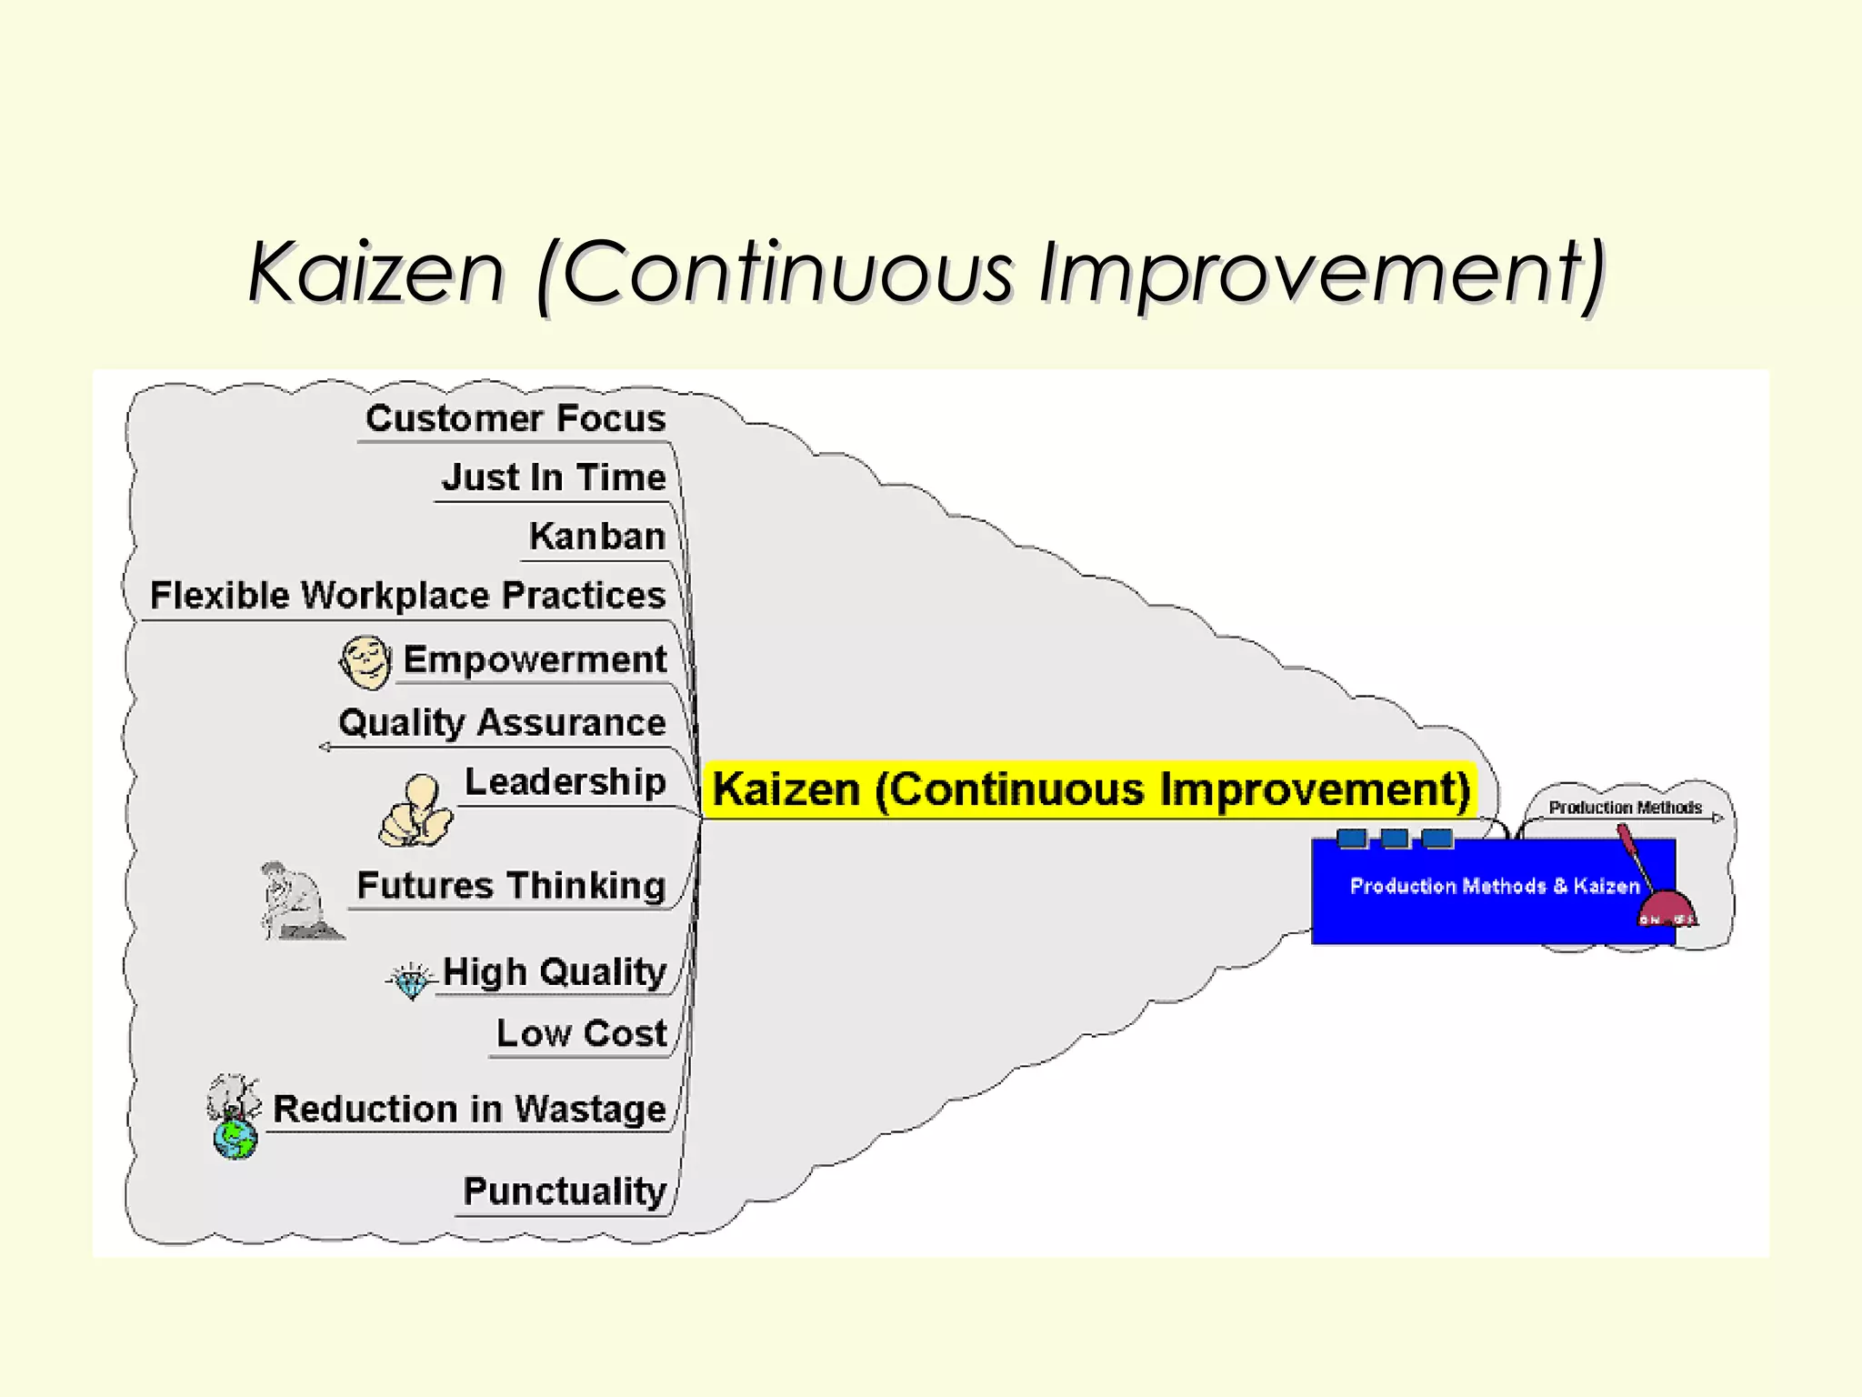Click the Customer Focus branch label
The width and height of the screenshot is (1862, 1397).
pyautogui.click(x=516, y=418)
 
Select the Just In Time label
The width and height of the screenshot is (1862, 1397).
pyautogui.click(x=554, y=477)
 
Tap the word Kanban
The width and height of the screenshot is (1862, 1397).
pyautogui.click(x=597, y=537)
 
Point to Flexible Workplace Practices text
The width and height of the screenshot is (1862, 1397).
pyautogui.click(x=407, y=596)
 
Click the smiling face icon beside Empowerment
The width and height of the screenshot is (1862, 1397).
pyautogui.click(x=365, y=661)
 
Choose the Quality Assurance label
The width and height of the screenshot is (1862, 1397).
pyautogui.click(x=502, y=723)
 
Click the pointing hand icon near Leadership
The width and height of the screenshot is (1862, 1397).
pyautogui.click(x=415, y=812)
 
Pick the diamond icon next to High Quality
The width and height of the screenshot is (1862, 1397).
pyautogui.click(x=411, y=980)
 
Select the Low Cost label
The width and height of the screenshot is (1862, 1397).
pyautogui.click(x=582, y=1034)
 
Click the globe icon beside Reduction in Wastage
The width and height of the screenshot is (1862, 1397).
pyautogui.click(x=235, y=1138)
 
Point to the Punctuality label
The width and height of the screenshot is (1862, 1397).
pyautogui.click(x=565, y=1191)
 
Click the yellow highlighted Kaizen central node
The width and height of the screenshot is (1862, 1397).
pyautogui.click(x=1090, y=789)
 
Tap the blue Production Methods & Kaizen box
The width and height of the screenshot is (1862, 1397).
pyautogui.click(x=1473, y=896)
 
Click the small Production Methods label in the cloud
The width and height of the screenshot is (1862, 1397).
pyautogui.click(x=1625, y=808)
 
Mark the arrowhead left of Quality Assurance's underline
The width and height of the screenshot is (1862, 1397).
pyautogui.click(x=325, y=748)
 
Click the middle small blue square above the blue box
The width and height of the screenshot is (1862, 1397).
pyautogui.click(x=1395, y=838)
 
